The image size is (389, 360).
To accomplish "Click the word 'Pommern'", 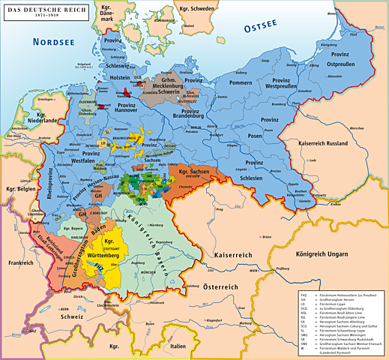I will (241, 82).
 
